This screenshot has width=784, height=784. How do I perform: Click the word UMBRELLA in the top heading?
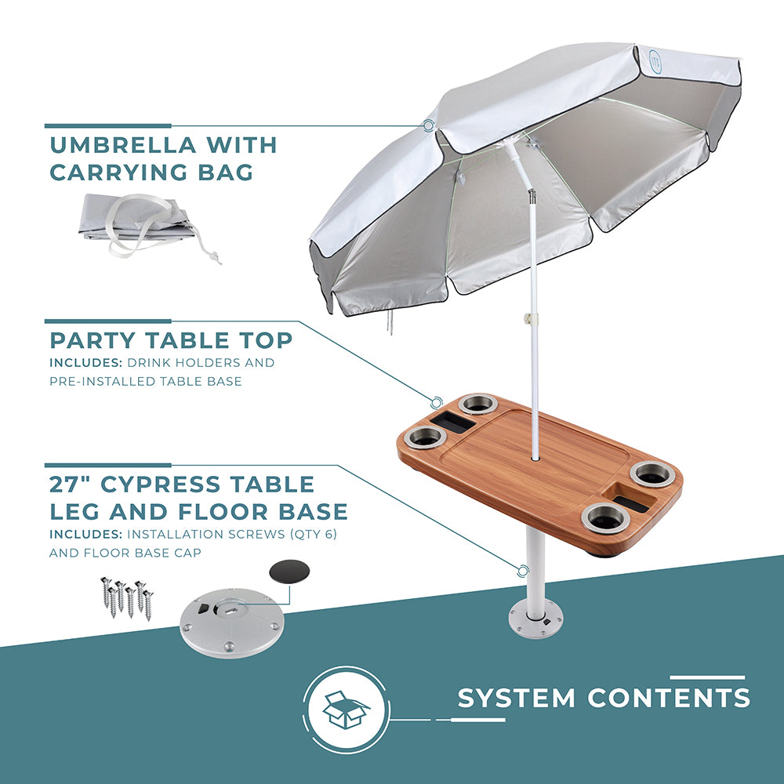pos(122,145)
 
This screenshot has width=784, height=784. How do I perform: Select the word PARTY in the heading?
pos(93,340)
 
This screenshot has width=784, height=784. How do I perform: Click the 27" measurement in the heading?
pos(71,484)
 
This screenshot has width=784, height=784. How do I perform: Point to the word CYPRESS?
pos(161,484)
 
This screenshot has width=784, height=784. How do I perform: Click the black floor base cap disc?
pos(289,572)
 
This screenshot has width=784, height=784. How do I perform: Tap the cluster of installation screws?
pos(127,598)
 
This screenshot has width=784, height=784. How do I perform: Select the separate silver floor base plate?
pos(232,623)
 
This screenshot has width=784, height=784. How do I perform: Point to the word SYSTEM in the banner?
pos(517,698)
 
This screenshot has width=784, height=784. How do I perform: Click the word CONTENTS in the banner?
pos(669,698)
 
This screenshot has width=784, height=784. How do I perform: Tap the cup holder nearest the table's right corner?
pos(652,474)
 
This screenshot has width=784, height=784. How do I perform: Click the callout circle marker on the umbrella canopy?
pos(428,125)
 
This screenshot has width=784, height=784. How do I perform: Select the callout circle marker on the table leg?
pos(523,571)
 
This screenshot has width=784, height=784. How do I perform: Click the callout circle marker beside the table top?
pos(437,402)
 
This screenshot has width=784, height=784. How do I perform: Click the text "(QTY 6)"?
pos(314,534)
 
